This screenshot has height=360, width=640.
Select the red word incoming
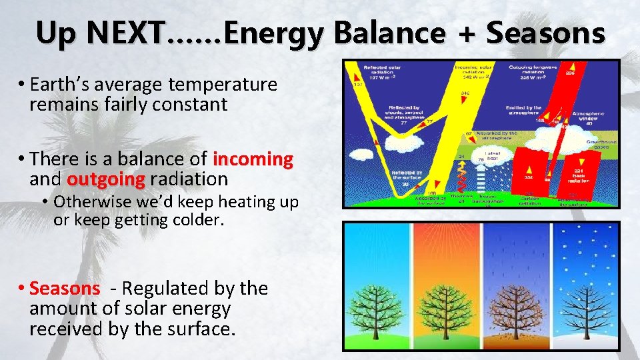point(253,159)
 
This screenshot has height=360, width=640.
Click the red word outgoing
point(106,179)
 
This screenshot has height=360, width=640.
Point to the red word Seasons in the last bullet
point(65,289)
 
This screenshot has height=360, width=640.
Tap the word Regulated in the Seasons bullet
point(161,289)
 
